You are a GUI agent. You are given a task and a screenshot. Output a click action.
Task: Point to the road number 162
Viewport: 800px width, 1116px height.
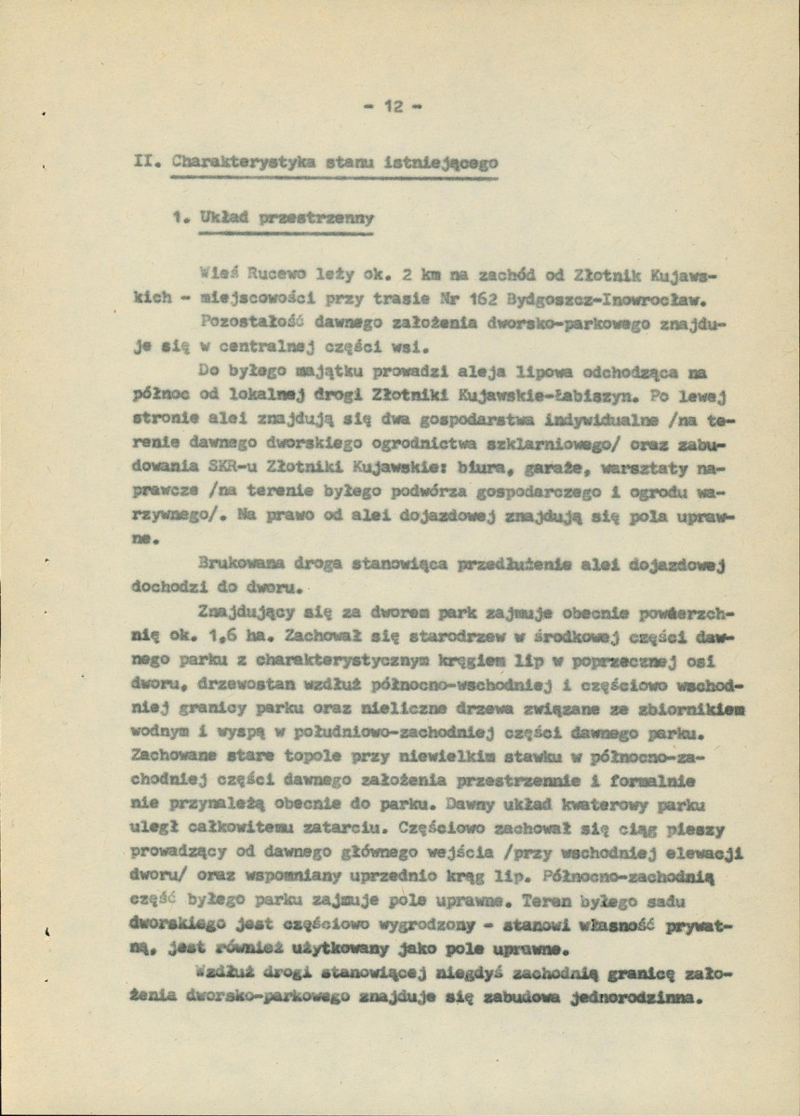(461, 300)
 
